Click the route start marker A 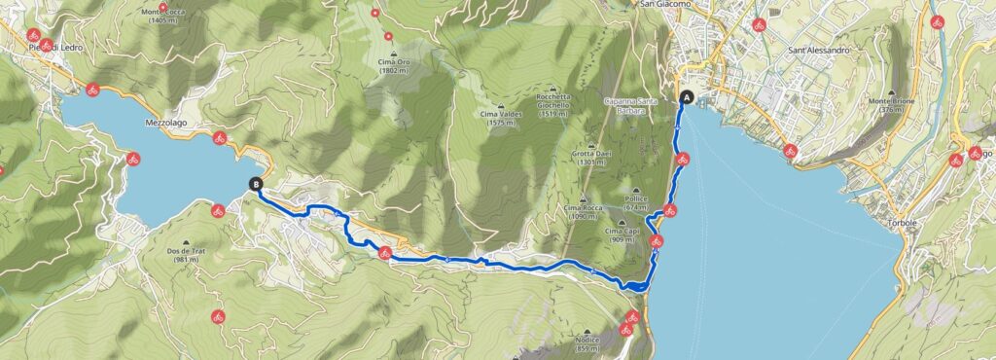click(689, 97)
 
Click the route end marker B click(256, 183)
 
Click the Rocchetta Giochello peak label click(558, 103)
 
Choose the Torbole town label click(904, 223)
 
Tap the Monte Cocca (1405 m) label click(163, 14)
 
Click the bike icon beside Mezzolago click(220, 138)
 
